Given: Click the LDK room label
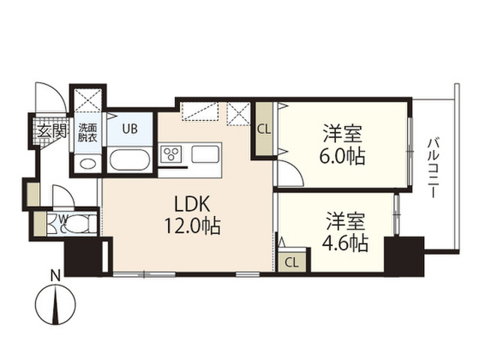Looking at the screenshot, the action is pyautogui.click(x=192, y=204).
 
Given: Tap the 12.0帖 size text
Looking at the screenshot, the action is pyautogui.click(x=193, y=226).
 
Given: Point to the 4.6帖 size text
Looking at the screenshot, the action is pyautogui.click(x=345, y=243).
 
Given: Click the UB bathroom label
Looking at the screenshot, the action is pyautogui.click(x=130, y=129).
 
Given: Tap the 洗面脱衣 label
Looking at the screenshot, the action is pyautogui.click(x=87, y=132).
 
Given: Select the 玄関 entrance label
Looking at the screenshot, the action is pyautogui.click(x=52, y=132).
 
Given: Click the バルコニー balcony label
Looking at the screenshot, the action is pyautogui.click(x=433, y=168).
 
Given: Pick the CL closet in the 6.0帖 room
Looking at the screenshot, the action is pyautogui.click(x=264, y=130).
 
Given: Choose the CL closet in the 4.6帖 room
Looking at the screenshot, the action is pyautogui.click(x=292, y=262).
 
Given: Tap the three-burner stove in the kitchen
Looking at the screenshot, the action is pyautogui.click(x=171, y=154).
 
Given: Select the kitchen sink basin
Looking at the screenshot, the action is pyautogui.click(x=205, y=154).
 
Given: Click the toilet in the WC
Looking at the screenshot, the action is pyautogui.click(x=78, y=223).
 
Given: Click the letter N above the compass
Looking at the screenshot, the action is pyautogui.click(x=55, y=277).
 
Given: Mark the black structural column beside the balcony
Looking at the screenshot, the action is pyautogui.click(x=404, y=256).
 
